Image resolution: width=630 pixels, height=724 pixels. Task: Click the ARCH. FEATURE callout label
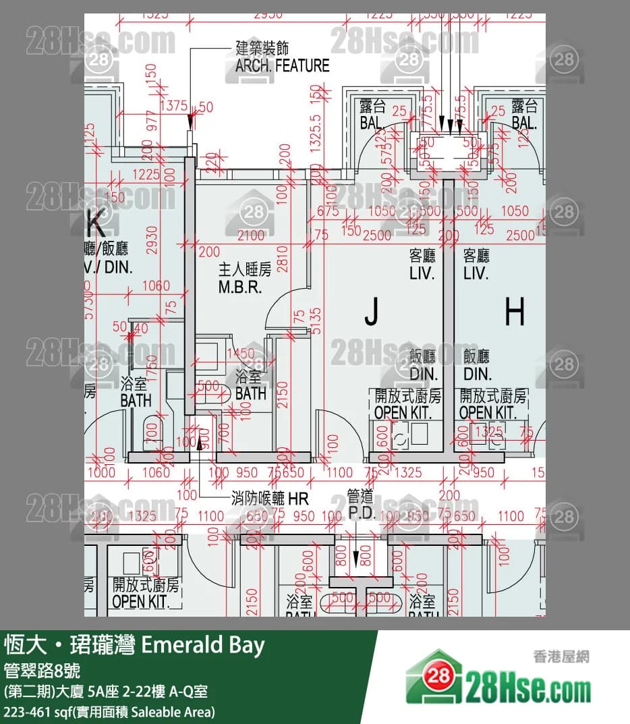point(282,57)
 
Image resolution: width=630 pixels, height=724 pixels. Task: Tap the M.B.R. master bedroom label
point(244,279)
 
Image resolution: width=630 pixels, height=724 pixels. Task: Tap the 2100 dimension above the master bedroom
point(252,235)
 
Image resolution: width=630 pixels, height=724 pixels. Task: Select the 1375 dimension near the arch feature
point(174,106)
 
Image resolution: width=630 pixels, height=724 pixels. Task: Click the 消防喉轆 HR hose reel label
point(269,499)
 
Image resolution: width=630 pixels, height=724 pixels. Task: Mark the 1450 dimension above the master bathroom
point(241,354)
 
